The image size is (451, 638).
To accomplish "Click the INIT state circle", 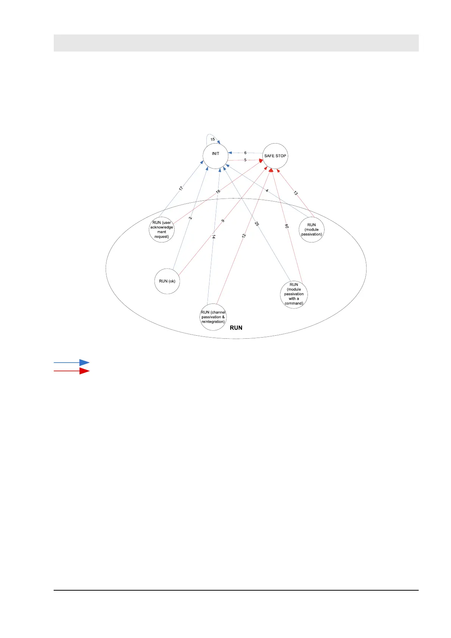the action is click(x=215, y=156).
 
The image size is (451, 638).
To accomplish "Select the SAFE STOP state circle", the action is click(x=275, y=156).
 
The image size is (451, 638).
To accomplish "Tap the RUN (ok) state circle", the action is click(x=167, y=281).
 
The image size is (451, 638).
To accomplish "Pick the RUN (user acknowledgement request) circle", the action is click(x=162, y=230).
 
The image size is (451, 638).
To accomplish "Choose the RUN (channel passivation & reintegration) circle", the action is click(x=213, y=317).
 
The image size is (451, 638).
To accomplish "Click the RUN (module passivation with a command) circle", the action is click(x=294, y=294).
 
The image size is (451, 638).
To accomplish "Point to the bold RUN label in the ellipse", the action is click(x=236, y=328).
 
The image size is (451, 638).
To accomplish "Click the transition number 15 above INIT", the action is click(x=213, y=139).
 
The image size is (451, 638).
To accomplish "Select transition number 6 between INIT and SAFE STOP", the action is click(x=245, y=153).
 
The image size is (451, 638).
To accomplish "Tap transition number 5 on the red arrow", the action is click(x=245, y=160).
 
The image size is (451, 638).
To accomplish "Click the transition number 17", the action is click(x=181, y=188).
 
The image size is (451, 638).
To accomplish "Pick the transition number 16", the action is click(x=218, y=192).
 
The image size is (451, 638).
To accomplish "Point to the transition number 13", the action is click(x=296, y=193).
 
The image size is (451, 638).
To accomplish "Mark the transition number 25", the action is click(x=257, y=224).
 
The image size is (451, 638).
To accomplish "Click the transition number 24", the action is click(x=287, y=226).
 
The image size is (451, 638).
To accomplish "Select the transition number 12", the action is click(x=244, y=236).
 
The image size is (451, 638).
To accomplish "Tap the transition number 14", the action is click(x=214, y=237).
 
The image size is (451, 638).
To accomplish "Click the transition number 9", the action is click(x=223, y=220).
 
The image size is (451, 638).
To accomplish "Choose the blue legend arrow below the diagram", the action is click(x=72, y=363).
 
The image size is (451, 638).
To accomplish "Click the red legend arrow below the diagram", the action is click(x=72, y=371).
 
